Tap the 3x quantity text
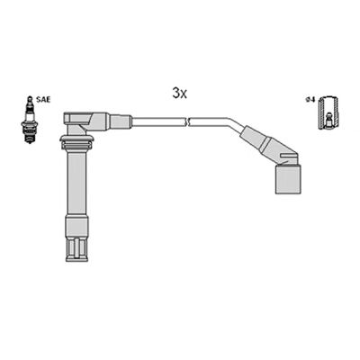tap(179, 93)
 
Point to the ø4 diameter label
tap(310, 100)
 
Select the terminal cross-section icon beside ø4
tap(330, 113)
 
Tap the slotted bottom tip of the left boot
tap(76, 247)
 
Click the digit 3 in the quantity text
tap(175, 93)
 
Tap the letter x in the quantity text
tap(184, 94)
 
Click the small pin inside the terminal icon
tap(330, 118)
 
